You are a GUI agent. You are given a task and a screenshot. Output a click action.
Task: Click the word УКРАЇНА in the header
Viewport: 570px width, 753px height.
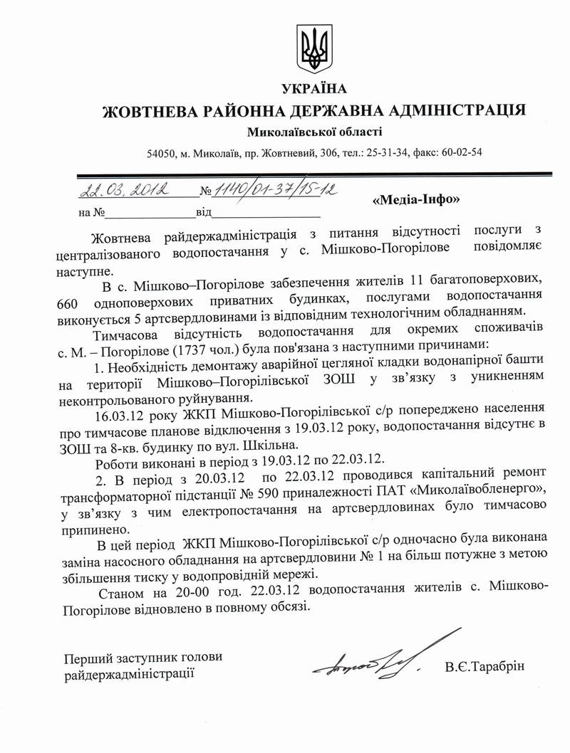tap(313, 89)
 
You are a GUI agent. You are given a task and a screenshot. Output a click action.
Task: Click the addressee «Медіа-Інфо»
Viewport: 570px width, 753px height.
tap(417, 200)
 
